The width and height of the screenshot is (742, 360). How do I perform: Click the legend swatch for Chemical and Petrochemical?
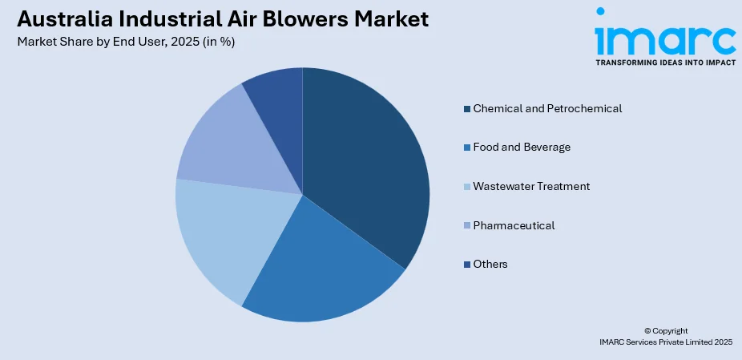pos(467,109)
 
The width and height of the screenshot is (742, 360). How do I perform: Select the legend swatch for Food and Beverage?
pos(467,148)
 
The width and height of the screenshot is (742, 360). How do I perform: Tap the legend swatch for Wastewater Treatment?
pos(467,187)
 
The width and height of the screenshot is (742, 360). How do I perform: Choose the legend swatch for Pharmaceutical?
pos(467,225)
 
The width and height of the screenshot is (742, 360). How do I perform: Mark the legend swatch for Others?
pos(467,265)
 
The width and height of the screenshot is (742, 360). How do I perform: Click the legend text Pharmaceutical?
pos(514,225)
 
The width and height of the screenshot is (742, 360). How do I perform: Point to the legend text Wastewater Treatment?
pos(531,186)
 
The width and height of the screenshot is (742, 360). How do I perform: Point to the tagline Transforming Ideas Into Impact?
pos(665,63)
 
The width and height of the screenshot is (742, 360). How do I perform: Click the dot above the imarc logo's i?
pos(600,11)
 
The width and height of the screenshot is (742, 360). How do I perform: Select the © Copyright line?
pos(666,331)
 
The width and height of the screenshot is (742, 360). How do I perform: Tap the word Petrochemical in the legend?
pos(584,108)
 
